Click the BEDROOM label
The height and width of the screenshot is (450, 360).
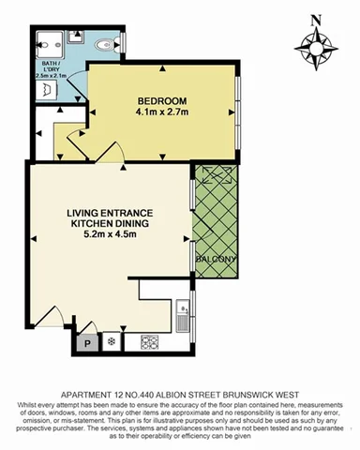(x=162, y=101)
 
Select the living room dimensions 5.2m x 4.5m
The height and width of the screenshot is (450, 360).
(x=110, y=234)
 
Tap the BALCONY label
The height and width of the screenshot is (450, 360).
(x=214, y=259)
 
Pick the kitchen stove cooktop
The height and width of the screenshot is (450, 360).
(x=147, y=341)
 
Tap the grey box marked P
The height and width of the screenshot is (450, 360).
(x=88, y=342)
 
